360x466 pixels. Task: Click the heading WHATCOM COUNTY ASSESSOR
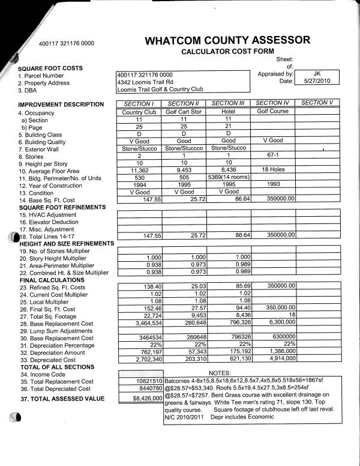pos(227,41)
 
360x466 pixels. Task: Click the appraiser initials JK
pos(317,73)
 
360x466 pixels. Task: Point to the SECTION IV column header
pos(272,103)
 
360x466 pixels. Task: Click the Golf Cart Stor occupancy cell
pos(184,112)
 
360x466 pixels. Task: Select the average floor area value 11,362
pos(139,170)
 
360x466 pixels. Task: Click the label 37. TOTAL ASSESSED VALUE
pos(62,399)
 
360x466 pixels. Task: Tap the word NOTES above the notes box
pos(220,374)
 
